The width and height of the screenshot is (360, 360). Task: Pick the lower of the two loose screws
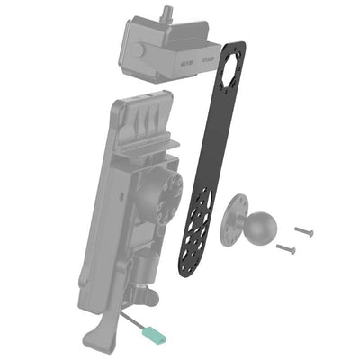click(x=285, y=247)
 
